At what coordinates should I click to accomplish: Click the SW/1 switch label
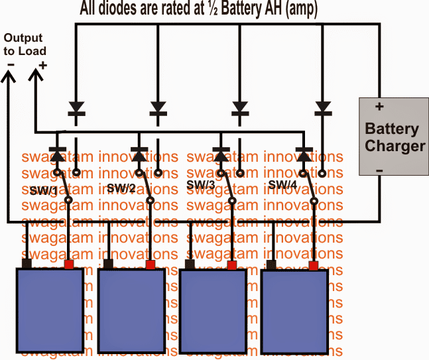coord(43,190)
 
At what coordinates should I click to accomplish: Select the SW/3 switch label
coord(201,185)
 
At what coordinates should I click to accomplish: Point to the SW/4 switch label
coord(282,184)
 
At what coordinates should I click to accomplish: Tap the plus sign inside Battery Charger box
coord(379,106)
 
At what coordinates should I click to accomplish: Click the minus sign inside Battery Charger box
coord(380,170)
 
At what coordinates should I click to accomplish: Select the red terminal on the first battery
coord(68,265)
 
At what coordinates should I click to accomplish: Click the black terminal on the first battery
coord(27,265)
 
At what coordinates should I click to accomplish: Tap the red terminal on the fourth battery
coord(314,266)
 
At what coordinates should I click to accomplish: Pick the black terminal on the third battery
coord(190,265)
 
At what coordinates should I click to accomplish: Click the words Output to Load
coord(24,45)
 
